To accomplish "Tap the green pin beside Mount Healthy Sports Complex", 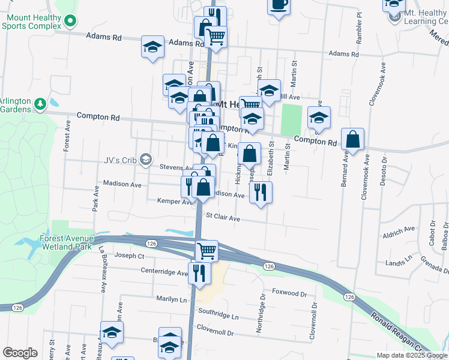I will pyautogui.click(x=70, y=22).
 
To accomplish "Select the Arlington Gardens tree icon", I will pyautogui.click(x=40, y=104).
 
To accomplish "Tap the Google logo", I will pyautogui.click(x=20, y=353).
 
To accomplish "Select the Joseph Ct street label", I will pyautogui.click(x=133, y=256).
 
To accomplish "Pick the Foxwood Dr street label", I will pyautogui.click(x=289, y=293).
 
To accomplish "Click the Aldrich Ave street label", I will pyautogui.click(x=401, y=229).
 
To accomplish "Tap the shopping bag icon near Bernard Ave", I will pyautogui.click(x=354, y=139).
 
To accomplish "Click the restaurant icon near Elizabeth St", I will pyautogui.click(x=260, y=192).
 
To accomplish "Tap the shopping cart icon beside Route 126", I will pyautogui.click(x=206, y=250).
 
